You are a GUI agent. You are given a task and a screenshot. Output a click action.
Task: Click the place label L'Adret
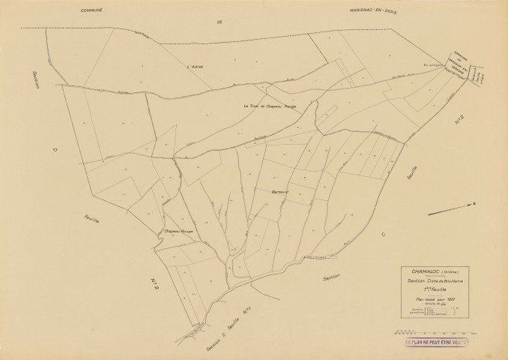[195, 67]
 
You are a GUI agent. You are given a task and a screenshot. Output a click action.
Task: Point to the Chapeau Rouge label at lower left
[179, 232]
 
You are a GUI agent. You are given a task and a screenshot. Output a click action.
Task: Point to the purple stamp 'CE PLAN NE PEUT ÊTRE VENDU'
[436, 342]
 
